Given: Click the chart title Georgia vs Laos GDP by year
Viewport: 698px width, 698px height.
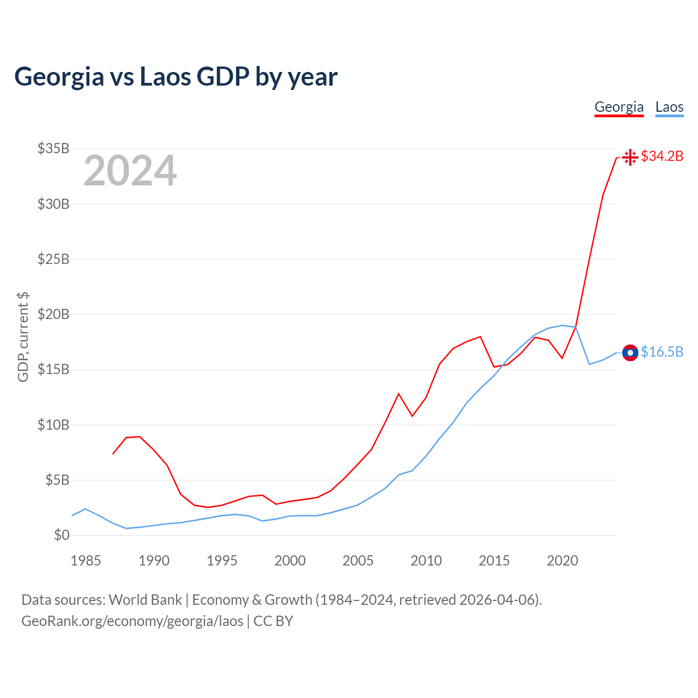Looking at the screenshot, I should (x=176, y=77).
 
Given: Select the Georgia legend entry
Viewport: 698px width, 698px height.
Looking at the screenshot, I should (x=619, y=107).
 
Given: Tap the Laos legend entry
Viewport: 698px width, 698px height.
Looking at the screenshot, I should (x=669, y=107).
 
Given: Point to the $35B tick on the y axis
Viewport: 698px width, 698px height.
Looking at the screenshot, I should (x=53, y=148).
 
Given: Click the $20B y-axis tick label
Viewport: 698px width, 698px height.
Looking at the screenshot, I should (x=53, y=314).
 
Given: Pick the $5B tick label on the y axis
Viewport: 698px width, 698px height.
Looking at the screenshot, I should (x=57, y=480).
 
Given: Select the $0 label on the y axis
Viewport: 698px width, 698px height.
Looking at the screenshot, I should (x=62, y=535).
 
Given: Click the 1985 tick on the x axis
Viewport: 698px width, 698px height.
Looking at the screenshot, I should (x=86, y=561).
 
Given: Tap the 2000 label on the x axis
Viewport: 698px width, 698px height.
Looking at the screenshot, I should (x=290, y=561).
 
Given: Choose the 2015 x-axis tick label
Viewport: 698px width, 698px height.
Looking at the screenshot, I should (x=494, y=561).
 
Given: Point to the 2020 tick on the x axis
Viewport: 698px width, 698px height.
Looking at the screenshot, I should (x=562, y=561).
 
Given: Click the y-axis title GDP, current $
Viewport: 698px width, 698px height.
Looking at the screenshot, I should (x=23, y=337).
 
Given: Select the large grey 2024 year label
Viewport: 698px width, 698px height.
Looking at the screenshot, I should (x=130, y=171).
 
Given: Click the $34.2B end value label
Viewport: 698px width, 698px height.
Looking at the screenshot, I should (x=662, y=157).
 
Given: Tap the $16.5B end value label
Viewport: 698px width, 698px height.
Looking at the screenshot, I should (x=662, y=352).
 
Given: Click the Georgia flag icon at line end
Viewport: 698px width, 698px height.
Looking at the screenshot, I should (x=630, y=157).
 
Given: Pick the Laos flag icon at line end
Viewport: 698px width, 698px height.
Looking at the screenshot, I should (x=630, y=353).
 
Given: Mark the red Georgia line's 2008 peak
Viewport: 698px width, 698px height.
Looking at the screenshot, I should (x=399, y=394).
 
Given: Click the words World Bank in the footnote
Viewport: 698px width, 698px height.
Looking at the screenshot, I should (x=145, y=600).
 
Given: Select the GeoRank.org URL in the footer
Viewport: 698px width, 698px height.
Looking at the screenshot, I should (x=133, y=621).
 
